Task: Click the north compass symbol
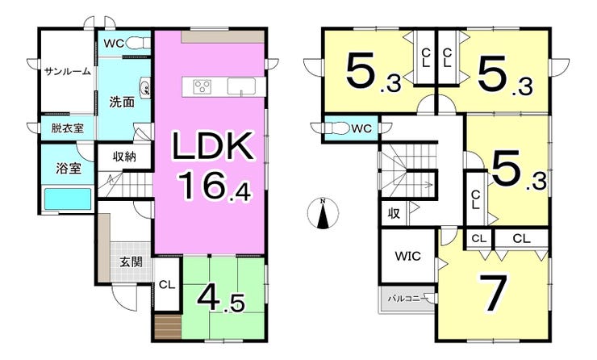(x=323, y=213)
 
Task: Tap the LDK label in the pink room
(x=213, y=146)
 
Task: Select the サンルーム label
(x=68, y=71)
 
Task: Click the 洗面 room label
(x=122, y=102)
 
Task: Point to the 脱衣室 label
(x=68, y=128)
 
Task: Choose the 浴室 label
(x=69, y=169)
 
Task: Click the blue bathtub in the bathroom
(x=68, y=199)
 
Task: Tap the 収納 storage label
(x=125, y=157)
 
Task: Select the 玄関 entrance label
(x=131, y=262)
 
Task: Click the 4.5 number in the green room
(x=221, y=298)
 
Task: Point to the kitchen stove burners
(x=202, y=86)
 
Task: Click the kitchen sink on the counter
(x=241, y=86)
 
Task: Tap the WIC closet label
(x=407, y=256)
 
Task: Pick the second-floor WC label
(x=361, y=129)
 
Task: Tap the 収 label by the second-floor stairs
(x=394, y=214)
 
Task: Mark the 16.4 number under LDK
(x=215, y=186)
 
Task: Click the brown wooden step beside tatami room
(x=168, y=327)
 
